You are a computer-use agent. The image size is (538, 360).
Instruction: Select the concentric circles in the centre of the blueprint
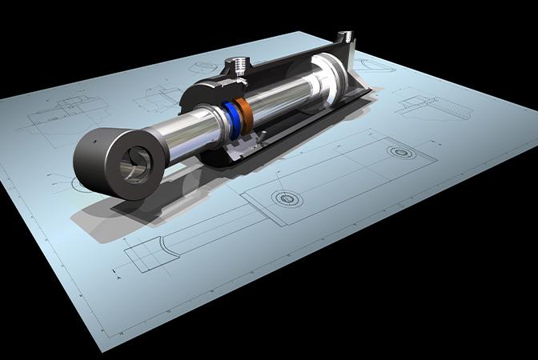point(282,197)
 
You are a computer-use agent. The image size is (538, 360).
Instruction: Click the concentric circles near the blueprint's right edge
point(397,150)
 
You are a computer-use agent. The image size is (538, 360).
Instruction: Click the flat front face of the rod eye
point(132,167)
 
